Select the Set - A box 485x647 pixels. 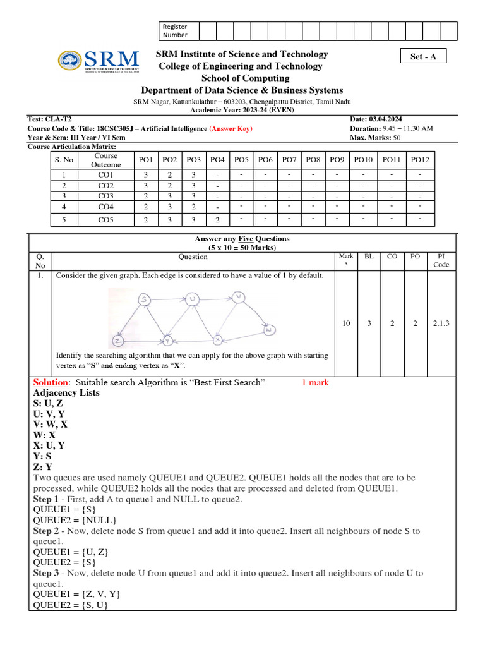(423, 56)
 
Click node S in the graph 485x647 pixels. (144, 299)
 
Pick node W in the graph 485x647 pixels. (268, 330)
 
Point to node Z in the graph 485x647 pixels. (117, 341)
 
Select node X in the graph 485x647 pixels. (217, 340)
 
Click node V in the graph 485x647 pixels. (238, 296)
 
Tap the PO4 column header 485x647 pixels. (217, 160)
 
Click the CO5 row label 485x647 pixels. (105, 220)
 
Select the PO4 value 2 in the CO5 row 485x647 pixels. (217, 220)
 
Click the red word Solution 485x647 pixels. (50, 382)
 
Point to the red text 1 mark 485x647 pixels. (315, 382)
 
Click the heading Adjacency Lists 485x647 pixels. (66, 392)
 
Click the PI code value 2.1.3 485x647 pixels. (441, 323)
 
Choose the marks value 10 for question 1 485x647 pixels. (346, 323)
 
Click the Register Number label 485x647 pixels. (175, 30)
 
